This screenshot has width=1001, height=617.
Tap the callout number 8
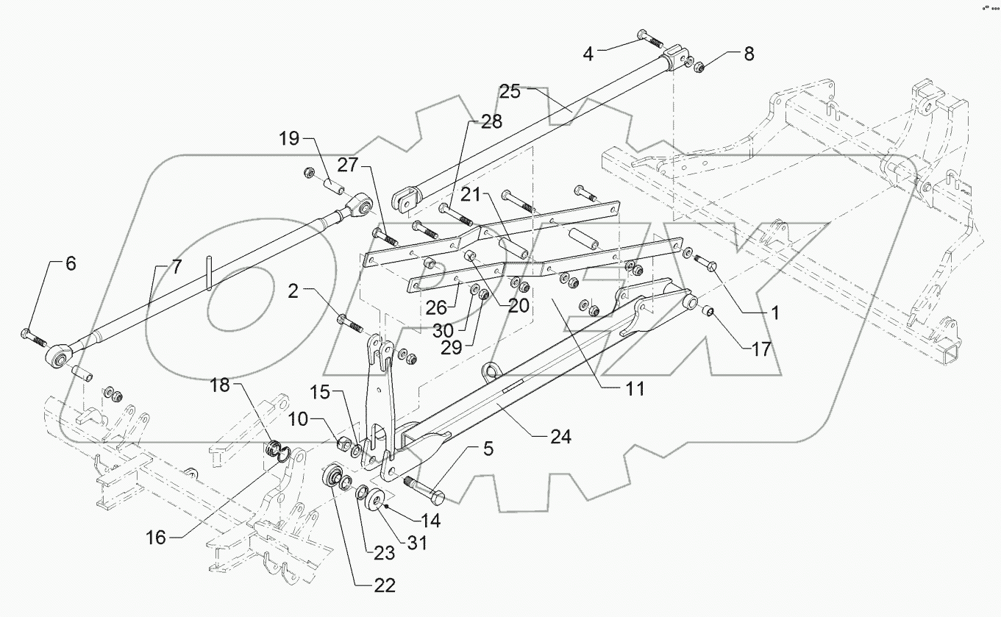(x=748, y=54)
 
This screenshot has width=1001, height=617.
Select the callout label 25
(x=510, y=93)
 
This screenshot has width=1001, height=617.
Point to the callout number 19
(x=290, y=139)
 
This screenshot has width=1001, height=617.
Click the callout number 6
(x=71, y=264)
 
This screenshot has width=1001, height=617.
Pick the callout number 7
(x=175, y=267)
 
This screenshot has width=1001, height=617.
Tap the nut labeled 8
(x=697, y=68)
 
